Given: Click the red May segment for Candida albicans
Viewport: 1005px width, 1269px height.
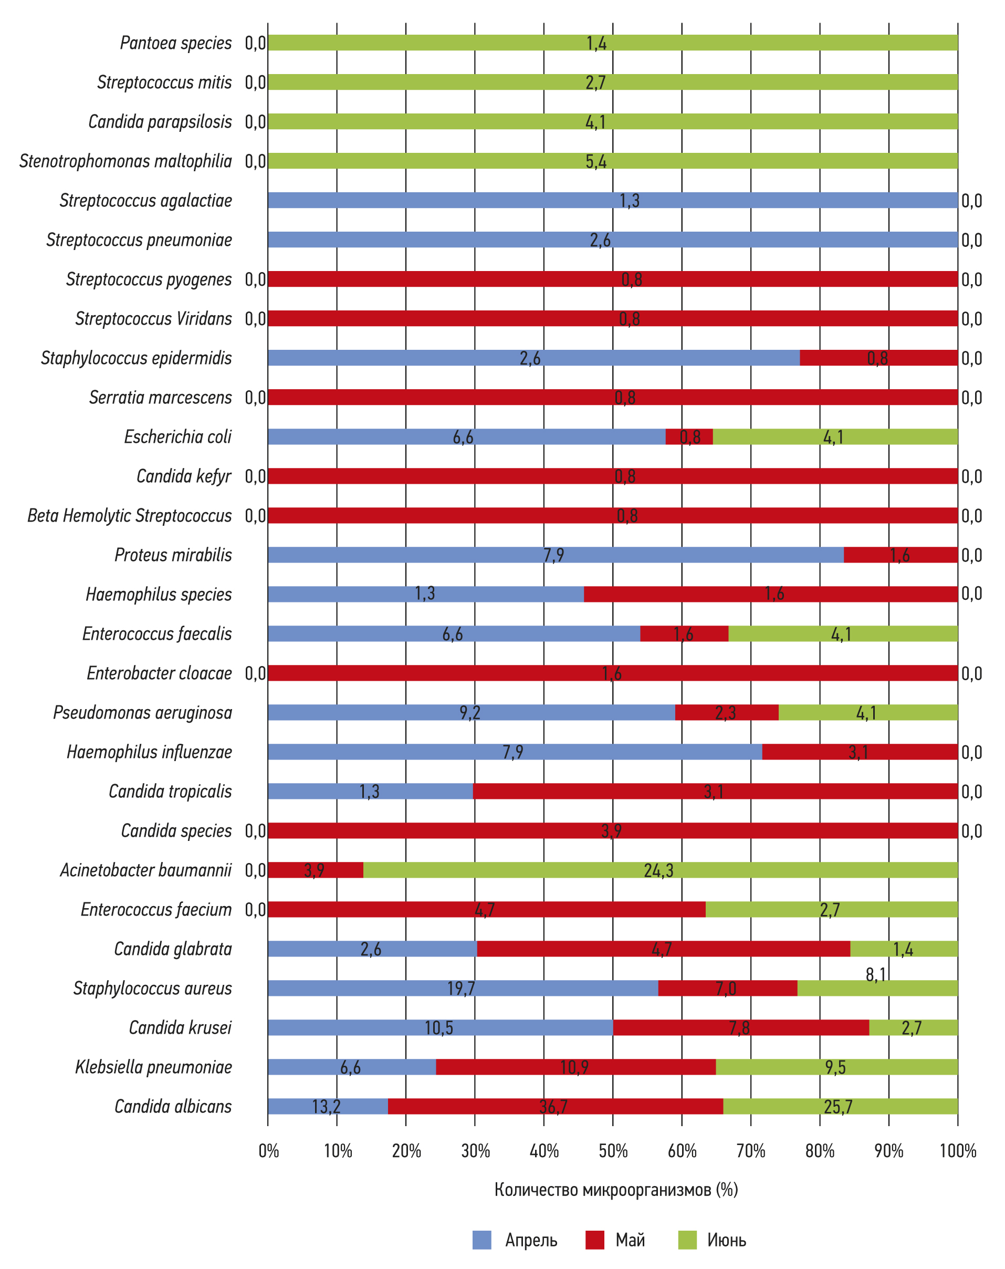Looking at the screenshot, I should tap(555, 1107).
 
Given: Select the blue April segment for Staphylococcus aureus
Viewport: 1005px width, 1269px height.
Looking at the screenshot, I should tap(463, 988).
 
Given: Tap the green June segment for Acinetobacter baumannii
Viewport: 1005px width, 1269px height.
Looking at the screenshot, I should tap(659, 870).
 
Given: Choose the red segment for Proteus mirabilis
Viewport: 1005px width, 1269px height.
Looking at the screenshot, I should tap(901, 555).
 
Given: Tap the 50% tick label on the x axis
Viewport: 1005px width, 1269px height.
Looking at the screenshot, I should tap(613, 1151).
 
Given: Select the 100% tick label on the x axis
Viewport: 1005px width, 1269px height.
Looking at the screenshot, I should tap(957, 1151).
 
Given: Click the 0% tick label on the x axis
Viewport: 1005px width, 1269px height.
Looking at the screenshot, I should tap(268, 1151).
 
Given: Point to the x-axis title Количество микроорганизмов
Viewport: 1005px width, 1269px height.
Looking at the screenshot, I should tap(615, 1190).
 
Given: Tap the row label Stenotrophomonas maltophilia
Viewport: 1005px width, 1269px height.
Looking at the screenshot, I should tap(125, 161).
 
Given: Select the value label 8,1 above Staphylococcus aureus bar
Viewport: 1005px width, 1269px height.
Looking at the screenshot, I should tap(875, 975).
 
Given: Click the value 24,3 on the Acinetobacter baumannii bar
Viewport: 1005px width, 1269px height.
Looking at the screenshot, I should tap(658, 870).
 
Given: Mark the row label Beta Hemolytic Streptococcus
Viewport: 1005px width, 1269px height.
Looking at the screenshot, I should tap(130, 516).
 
